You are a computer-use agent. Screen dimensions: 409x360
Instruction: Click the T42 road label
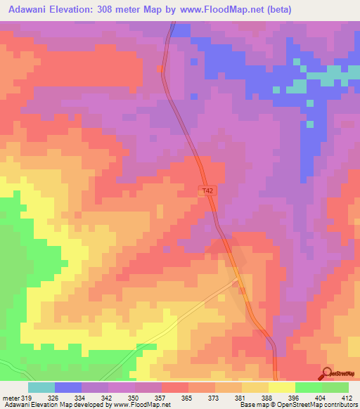(x=206, y=190)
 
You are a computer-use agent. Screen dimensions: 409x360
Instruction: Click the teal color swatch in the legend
(x=41, y=387)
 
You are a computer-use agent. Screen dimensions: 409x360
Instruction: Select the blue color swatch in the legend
(x=68, y=387)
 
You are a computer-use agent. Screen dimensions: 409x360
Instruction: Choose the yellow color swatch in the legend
(x=282, y=387)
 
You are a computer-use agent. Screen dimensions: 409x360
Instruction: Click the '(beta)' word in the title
(x=276, y=10)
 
